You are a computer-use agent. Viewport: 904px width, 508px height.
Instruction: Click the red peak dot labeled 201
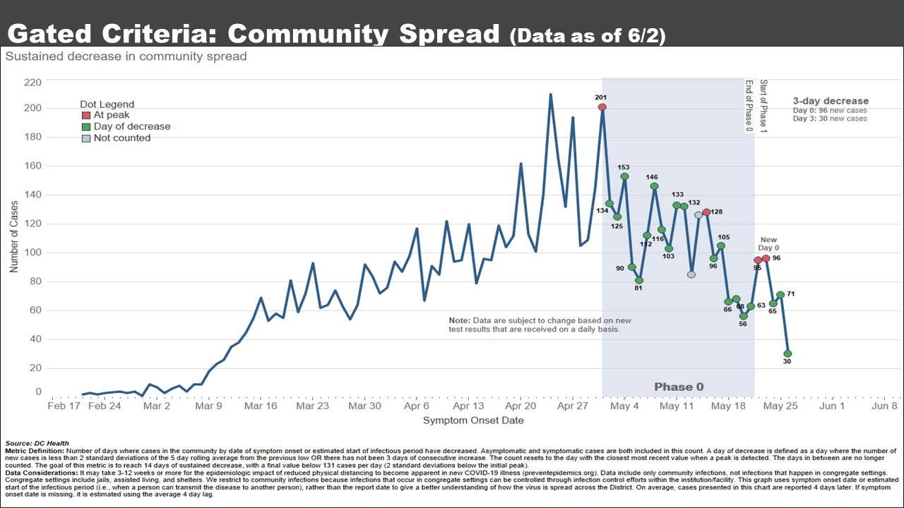coord(602,107)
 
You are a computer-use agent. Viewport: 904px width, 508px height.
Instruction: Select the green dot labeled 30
coord(787,353)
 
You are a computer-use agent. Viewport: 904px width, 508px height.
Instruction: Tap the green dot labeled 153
coord(625,176)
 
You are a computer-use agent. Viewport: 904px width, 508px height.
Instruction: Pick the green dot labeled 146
coord(654,186)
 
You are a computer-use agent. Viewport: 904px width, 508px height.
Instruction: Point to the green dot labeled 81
coord(639,280)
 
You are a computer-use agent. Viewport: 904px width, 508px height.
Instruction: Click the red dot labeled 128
coord(706,212)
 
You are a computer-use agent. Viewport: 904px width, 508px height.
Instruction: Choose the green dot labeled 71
coord(780,295)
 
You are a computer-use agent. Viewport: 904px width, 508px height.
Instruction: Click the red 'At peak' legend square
coord(86,115)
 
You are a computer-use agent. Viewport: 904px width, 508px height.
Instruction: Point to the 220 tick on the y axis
coord(33,83)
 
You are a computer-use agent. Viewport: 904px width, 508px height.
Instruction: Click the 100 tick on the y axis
coord(33,253)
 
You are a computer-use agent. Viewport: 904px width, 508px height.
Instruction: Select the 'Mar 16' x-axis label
coord(261,406)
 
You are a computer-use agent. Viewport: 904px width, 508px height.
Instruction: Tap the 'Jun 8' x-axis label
coord(884,406)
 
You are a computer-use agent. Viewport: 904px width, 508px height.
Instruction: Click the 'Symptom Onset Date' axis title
coord(473,421)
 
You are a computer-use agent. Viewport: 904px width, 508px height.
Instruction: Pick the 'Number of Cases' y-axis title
coord(14,236)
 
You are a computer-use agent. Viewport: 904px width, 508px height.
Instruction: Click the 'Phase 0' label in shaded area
coord(679,387)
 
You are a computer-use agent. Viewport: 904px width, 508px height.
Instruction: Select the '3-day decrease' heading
coord(831,101)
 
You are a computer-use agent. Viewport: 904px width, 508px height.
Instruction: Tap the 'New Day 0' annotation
coord(769,244)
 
